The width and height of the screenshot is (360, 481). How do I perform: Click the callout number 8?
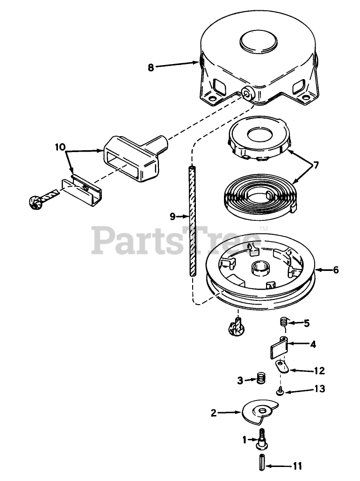pyautogui.click(x=151, y=67)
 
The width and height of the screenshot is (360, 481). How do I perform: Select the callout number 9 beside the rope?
pyautogui.click(x=173, y=216)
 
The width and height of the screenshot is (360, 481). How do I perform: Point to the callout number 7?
pyautogui.click(x=316, y=165)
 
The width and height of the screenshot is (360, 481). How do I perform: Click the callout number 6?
pyautogui.click(x=336, y=270)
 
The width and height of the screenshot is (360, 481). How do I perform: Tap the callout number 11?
pyautogui.click(x=297, y=466)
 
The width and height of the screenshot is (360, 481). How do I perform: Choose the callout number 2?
pyautogui.click(x=213, y=413)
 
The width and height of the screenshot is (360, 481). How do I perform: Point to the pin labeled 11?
pyautogui.click(x=261, y=460)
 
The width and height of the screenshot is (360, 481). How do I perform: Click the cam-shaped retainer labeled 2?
pyautogui.click(x=259, y=411)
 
